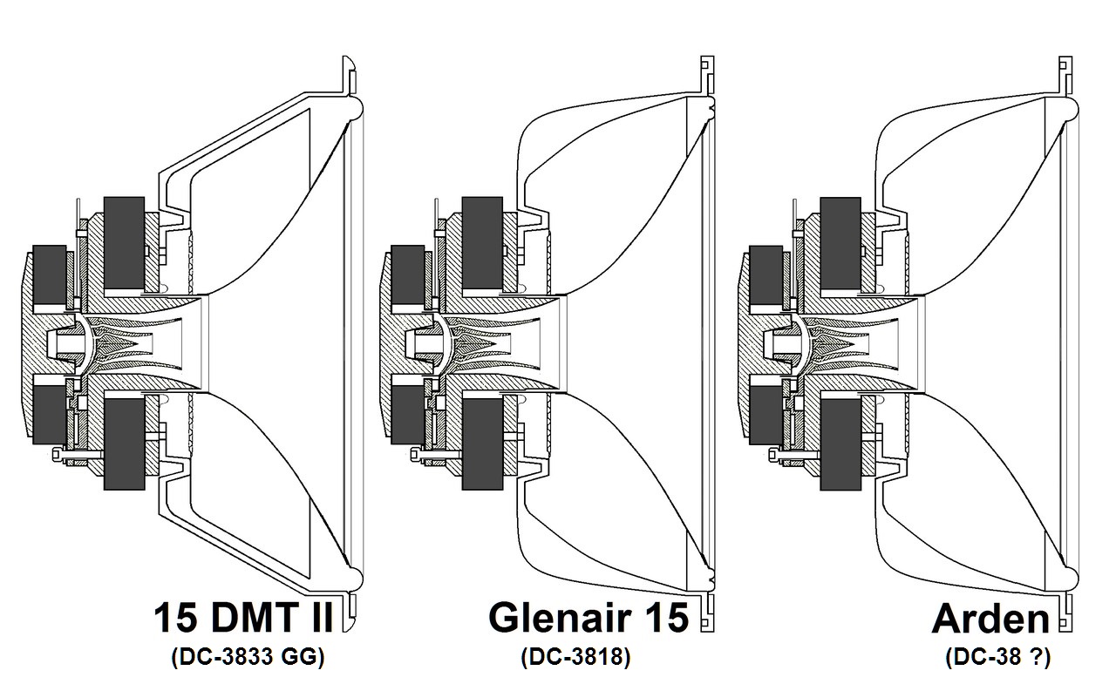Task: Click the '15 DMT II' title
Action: click(243, 618)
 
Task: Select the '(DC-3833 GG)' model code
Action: click(248, 658)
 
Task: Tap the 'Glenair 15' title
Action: click(589, 618)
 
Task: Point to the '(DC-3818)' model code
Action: click(575, 658)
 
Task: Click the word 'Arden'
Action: click(990, 620)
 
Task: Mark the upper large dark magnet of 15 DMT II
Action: click(124, 243)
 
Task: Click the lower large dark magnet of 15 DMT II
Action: click(124, 444)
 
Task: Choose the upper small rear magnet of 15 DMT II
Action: click(50, 278)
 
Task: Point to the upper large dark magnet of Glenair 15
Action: click(482, 243)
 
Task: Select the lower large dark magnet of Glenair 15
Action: click(482, 444)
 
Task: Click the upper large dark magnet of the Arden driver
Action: click(840, 243)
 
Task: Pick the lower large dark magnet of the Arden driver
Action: click(840, 444)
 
